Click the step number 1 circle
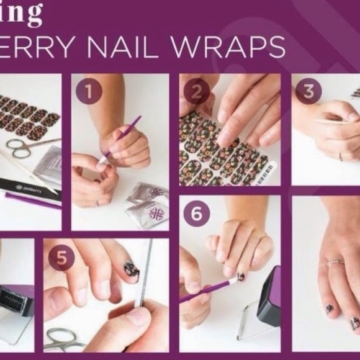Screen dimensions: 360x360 coord(89,92)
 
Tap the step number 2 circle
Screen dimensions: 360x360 coord(197,92)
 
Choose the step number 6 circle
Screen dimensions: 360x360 coord(197,214)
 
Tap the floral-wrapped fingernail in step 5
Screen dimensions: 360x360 coord(131,269)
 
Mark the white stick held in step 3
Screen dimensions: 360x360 coord(331,122)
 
